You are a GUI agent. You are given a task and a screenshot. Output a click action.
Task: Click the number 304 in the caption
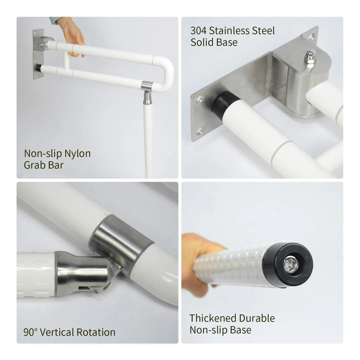pos(198,31)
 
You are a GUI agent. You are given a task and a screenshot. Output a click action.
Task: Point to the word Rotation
pos(95,332)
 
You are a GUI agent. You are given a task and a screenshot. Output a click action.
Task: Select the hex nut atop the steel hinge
pos(310,60)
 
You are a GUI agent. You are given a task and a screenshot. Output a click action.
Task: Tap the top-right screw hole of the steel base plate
pos(312,36)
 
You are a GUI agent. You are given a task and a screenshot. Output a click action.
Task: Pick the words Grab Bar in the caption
pos(43,165)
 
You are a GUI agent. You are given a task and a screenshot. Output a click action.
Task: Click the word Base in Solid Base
pos(227,42)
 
